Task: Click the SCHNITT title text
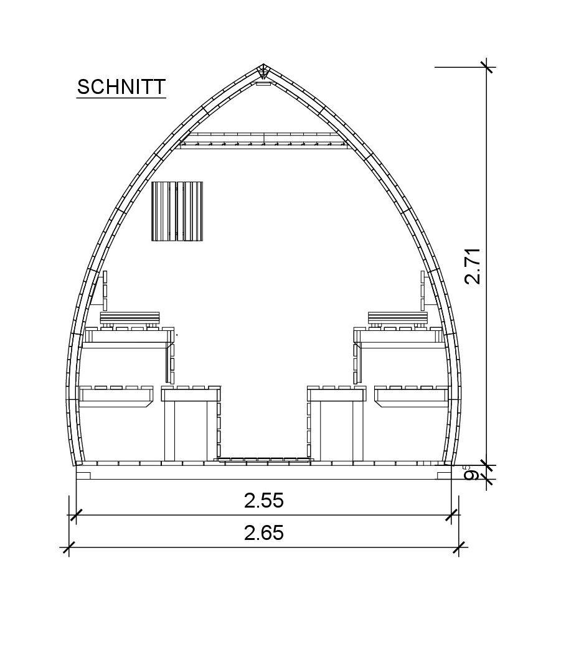(121, 86)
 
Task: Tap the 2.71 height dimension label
(473, 266)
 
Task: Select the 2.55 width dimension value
(263, 501)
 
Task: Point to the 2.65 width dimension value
(263, 533)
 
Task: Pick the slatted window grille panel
(177, 211)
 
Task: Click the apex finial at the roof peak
(263, 72)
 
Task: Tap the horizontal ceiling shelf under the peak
(263, 141)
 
